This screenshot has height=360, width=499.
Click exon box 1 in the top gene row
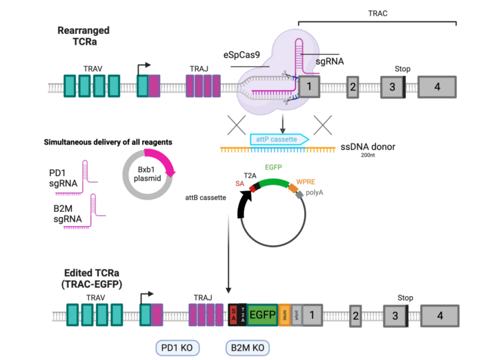point(308,87)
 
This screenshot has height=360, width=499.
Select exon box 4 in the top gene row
point(437,87)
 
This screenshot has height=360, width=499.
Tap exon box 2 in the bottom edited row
point(356,315)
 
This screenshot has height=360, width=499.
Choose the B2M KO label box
point(247,348)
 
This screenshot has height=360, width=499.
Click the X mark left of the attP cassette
point(235,125)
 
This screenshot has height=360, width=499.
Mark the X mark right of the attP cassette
point(323,125)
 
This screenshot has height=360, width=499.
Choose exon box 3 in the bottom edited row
point(395,315)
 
